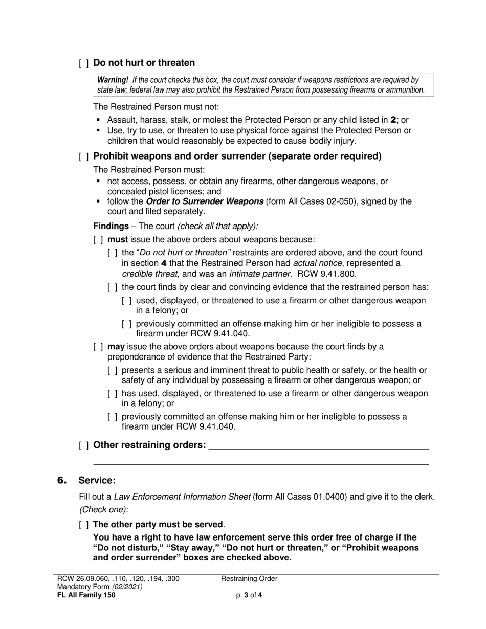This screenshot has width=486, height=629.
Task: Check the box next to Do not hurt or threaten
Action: (84, 63)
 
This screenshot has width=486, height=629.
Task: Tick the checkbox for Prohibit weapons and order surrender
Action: (84, 157)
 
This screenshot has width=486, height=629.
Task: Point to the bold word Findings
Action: (111, 226)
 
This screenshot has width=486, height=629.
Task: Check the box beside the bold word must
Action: (98, 239)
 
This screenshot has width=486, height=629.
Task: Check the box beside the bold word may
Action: (98, 347)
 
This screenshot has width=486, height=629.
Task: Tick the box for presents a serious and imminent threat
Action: (112, 370)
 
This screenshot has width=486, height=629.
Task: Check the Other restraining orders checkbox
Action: (84, 445)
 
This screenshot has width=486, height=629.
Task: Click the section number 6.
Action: (62, 480)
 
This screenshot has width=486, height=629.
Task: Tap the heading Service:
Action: (97, 480)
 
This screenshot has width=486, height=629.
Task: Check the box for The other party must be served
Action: (84, 525)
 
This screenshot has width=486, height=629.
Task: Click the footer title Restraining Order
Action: (249, 579)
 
